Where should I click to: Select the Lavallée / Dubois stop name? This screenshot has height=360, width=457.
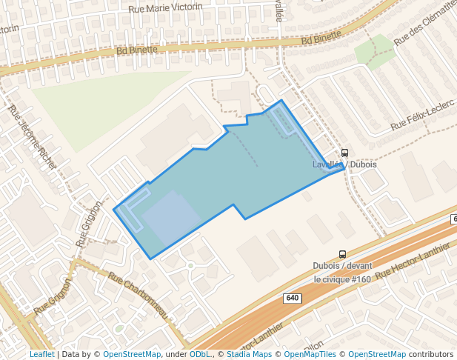pyautogui.click(x=344, y=164)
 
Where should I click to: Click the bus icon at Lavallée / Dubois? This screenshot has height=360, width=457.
pyautogui.click(x=345, y=153)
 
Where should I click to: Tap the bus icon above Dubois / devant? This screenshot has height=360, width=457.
pyautogui.click(x=342, y=254)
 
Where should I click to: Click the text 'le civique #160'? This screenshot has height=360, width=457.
pyautogui.click(x=341, y=279)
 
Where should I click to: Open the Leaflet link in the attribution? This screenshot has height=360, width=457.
pyautogui.click(x=41, y=354)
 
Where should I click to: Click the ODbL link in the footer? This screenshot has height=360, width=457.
pyautogui.click(x=199, y=354)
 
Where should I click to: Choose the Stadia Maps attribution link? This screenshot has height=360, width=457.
pyautogui.click(x=248, y=354)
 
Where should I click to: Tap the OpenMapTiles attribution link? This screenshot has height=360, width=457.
pyautogui.click(x=308, y=354)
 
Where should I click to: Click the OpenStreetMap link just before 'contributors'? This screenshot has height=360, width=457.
pyautogui.click(x=376, y=354)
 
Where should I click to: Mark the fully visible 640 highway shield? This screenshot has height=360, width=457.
pyautogui.click(x=292, y=298)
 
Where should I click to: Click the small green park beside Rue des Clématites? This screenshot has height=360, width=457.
pyautogui.click(x=373, y=50)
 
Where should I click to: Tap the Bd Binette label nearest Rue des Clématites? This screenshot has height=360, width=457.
pyautogui.click(x=321, y=37)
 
